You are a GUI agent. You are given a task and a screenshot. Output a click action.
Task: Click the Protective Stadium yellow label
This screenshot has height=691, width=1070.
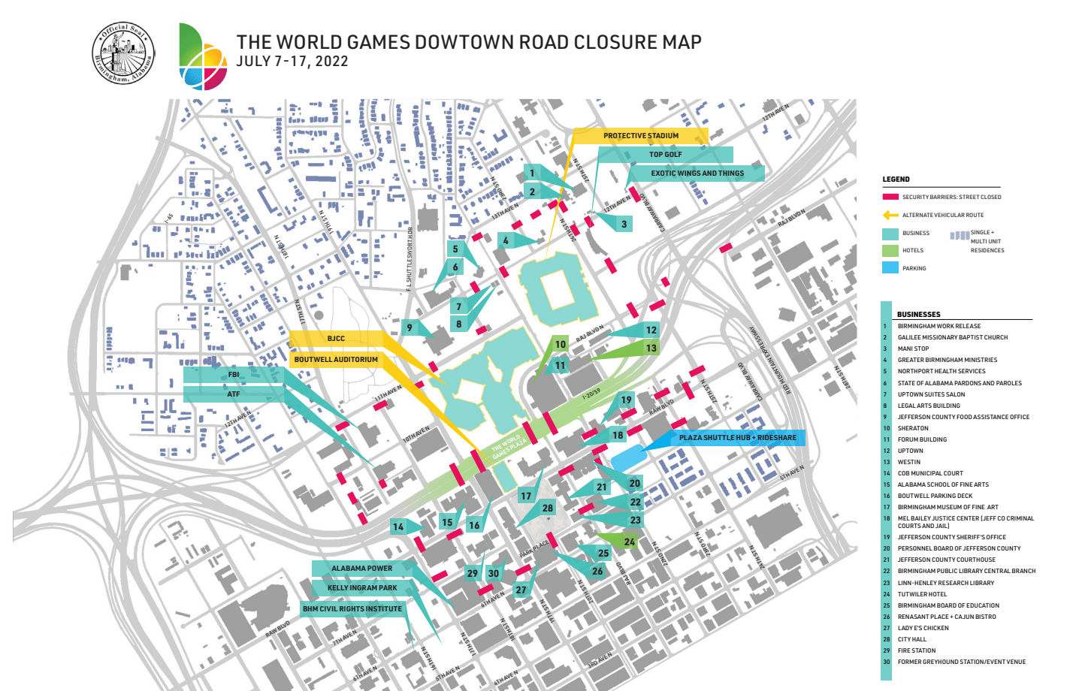pos(640,136)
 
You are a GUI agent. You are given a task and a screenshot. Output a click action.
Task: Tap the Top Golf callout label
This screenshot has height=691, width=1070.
pos(665,155)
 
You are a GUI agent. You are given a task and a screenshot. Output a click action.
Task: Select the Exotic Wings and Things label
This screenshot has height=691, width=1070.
pos(697,174)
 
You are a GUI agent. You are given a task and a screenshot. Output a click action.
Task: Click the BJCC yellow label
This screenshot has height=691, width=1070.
pos(336,339)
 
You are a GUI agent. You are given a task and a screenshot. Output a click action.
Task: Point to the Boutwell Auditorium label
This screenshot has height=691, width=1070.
pos(336,360)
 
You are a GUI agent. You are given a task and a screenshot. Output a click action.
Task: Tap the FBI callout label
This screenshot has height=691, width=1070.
pos(234,375)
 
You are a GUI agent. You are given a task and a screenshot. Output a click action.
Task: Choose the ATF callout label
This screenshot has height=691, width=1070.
pos(234,394)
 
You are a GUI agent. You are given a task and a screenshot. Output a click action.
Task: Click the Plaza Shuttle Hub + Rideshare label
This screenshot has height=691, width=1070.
pos(737,438)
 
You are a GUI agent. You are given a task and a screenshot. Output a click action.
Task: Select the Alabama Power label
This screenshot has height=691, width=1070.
pos(361,569)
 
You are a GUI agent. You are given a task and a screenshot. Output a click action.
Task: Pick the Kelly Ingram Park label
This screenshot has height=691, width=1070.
pos(362,588)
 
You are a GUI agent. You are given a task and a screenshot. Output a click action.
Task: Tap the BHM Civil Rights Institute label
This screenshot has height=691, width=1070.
pos(352,609)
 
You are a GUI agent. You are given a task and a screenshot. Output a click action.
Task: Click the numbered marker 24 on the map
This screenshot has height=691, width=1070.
pos(629,542)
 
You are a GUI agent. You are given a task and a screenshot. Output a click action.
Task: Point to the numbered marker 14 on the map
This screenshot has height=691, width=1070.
pos(398,527)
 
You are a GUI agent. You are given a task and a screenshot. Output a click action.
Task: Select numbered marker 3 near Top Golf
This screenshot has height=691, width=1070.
pos(624,224)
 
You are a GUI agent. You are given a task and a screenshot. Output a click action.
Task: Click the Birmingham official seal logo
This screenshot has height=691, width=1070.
pos(123,54)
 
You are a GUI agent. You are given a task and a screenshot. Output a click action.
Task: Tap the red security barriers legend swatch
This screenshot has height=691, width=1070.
pos(890,197)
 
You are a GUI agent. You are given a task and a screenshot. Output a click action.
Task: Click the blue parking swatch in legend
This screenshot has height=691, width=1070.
pos(890,268)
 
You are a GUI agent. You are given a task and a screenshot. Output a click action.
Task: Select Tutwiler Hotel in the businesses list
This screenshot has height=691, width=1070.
pos(922,594)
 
